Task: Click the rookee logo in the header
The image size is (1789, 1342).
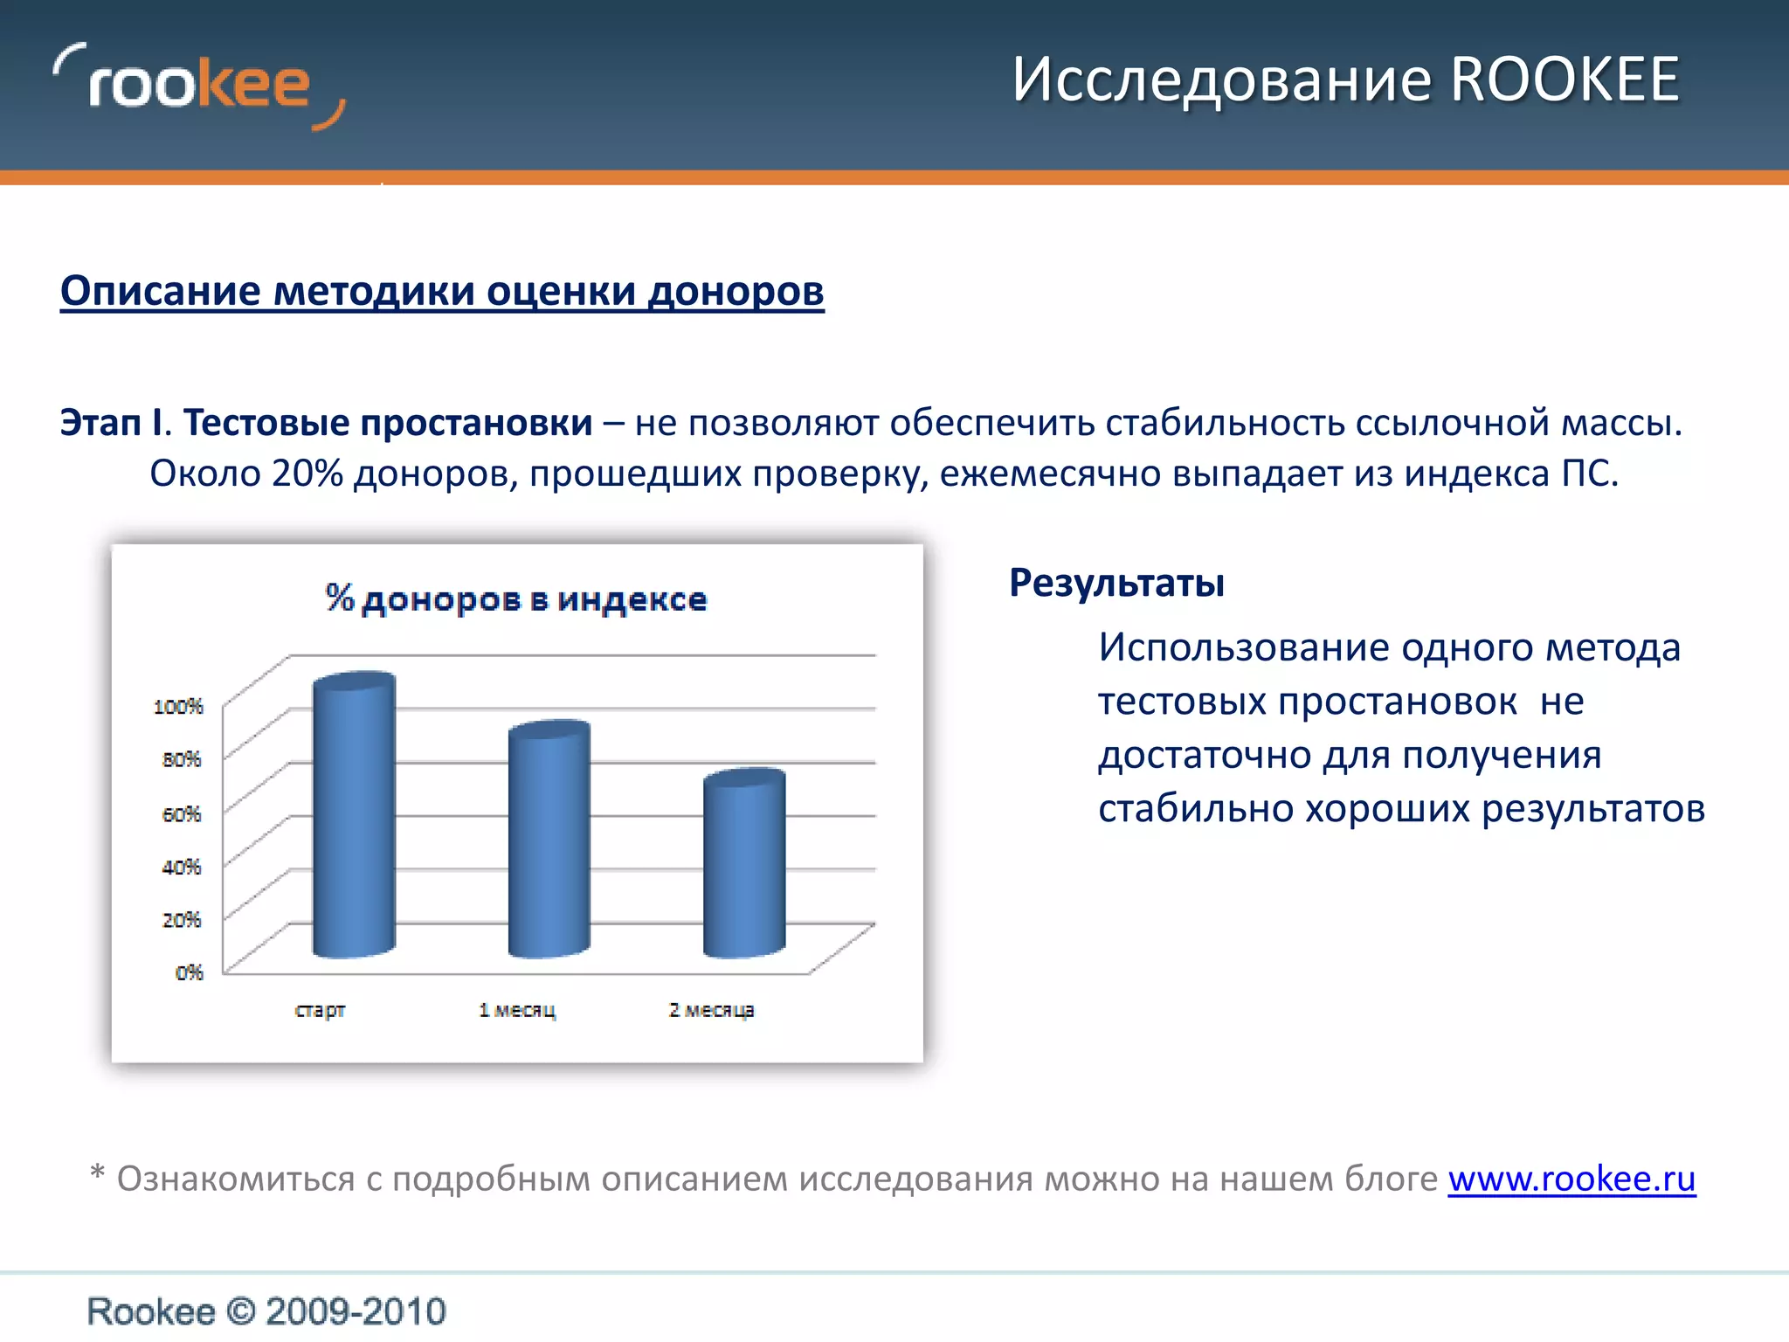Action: coord(199,86)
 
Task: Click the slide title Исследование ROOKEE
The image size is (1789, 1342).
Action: coord(1345,80)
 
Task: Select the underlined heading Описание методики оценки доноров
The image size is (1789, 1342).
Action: coord(442,291)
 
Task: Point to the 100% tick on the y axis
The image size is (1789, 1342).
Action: coord(178,706)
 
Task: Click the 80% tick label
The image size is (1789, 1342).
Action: coord(182,759)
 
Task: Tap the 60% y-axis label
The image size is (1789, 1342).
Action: coord(182,813)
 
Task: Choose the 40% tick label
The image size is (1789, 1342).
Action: coord(182,867)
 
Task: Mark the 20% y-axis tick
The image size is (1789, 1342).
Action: coord(182,919)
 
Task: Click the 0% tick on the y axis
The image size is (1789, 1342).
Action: coord(189,972)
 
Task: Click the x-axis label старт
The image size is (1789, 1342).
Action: coord(320,1011)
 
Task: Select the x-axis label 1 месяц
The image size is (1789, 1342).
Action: coord(517,1011)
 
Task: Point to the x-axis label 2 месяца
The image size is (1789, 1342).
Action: coord(711,1011)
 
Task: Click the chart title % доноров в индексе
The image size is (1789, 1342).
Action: coord(516,599)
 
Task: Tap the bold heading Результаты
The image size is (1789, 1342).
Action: coord(1116,583)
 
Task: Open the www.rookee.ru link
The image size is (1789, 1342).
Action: coord(1571,1179)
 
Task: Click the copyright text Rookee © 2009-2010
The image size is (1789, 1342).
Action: coord(266,1311)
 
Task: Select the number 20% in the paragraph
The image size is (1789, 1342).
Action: coord(307,474)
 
